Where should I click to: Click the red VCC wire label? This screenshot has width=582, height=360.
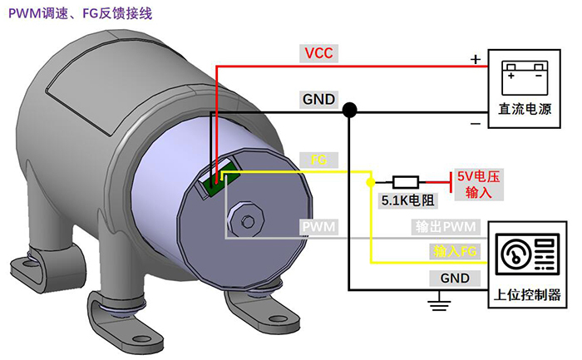click(318, 55)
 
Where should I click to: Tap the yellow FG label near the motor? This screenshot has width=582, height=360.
click(318, 160)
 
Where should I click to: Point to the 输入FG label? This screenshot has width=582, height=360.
click(454, 250)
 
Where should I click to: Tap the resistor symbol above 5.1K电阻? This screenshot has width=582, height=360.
click(406, 181)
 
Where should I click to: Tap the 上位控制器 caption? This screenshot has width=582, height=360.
click(528, 296)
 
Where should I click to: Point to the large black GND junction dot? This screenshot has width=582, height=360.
click(349, 109)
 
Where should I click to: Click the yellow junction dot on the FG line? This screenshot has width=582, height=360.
click(370, 180)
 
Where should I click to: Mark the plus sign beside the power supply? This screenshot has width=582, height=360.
click(476, 60)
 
